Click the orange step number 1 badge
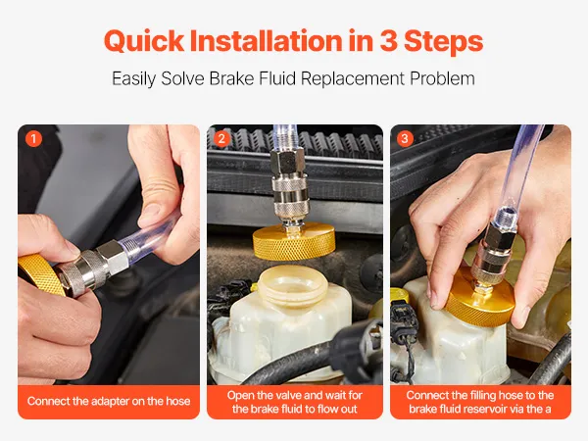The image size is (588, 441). point(33,139)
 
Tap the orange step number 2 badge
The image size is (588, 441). point(221,139)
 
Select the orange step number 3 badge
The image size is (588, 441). point(405,139)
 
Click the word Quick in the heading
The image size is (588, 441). point(144,41)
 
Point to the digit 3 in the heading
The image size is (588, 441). point(388,41)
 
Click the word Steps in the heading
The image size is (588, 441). point(444,41)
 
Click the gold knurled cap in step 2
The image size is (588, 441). point(294,241)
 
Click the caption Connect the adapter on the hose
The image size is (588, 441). point(109,401)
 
